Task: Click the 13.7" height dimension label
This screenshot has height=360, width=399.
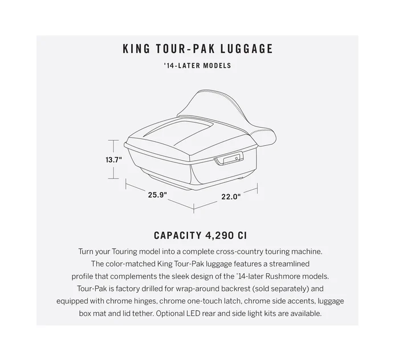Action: (114, 159)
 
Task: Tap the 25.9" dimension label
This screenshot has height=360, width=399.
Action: (157, 195)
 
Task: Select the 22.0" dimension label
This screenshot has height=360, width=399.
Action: (231, 197)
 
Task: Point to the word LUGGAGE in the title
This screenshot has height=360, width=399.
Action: (246, 49)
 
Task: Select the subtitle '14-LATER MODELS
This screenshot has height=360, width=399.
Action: (197, 66)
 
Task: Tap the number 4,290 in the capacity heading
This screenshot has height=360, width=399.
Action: (219, 235)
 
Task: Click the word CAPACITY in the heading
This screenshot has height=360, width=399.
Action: (178, 235)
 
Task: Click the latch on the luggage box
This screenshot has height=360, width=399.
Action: (229, 158)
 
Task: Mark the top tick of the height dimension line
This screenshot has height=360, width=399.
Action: (113, 140)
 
